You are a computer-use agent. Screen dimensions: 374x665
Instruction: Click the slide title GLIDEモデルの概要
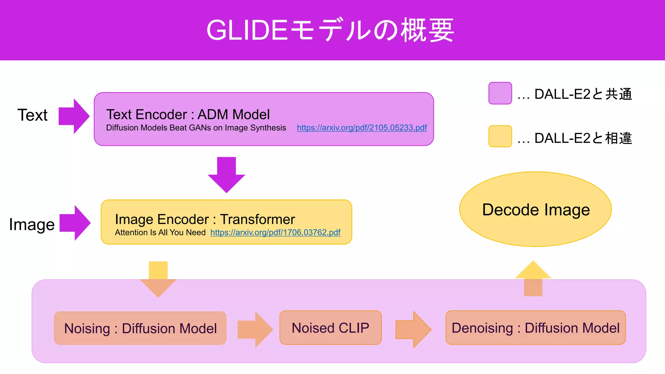330,30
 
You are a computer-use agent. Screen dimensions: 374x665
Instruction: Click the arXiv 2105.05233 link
362,128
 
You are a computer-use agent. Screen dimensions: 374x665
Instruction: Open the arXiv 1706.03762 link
275,232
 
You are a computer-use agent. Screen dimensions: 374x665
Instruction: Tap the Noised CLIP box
330,328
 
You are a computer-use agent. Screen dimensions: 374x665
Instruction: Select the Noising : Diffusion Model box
140,328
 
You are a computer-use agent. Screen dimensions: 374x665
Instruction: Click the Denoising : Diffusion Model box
535,328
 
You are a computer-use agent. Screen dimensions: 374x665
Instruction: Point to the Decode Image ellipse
535,209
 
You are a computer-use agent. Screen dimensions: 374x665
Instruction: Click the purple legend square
500,93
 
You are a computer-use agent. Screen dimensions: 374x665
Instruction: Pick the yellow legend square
500,136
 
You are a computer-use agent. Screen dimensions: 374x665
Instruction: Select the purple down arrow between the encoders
226,175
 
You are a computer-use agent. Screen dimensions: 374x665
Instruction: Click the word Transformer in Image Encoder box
257,219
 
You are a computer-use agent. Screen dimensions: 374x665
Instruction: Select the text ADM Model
233,115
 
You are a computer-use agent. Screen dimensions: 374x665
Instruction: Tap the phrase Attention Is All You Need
160,232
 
